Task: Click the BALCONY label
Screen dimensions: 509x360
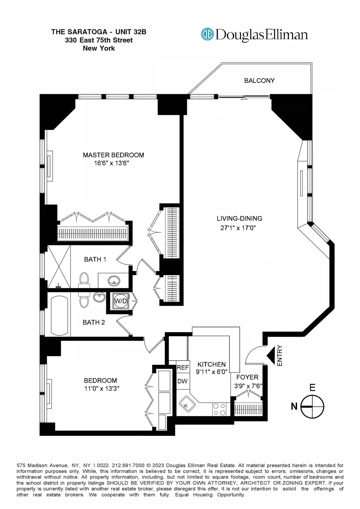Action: coord(259,80)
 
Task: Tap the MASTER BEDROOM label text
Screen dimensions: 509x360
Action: coord(113,155)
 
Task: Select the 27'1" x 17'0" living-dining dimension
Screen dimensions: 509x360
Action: coord(238,228)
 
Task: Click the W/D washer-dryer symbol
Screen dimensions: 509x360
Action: coord(121,301)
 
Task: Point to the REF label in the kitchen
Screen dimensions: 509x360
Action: coord(183,367)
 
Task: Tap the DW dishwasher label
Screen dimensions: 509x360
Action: coord(182,381)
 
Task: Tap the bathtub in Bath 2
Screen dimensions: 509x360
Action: coord(60,316)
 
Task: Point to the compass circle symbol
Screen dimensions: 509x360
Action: coord(312,407)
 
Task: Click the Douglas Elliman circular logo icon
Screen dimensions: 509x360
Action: coord(207,34)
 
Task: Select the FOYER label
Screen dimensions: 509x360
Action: coord(247,377)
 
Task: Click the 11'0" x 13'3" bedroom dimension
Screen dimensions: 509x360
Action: coord(102,388)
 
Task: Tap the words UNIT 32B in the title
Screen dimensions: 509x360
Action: coord(131,32)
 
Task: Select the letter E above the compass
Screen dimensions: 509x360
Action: coord(312,388)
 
